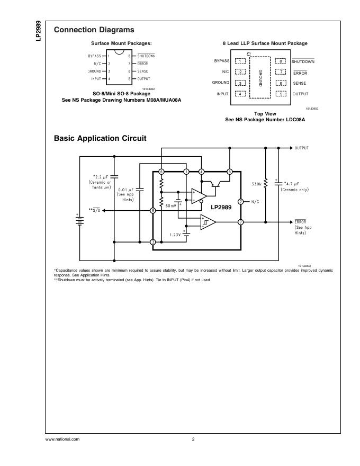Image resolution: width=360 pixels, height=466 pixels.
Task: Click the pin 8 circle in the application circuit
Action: (x=152, y=210)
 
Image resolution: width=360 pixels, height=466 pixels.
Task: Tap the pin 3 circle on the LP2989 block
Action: (x=152, y=242)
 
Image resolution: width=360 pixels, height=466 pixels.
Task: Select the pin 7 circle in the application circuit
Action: (x=240, y=222)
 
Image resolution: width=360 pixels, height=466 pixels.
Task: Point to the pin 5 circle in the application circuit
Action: (x=229, y=172)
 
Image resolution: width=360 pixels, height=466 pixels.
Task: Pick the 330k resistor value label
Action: (x=256, y=184)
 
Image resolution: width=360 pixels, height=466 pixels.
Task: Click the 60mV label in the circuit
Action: (x=170, y=205)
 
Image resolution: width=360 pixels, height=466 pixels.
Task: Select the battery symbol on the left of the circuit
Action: (x=80, y=219)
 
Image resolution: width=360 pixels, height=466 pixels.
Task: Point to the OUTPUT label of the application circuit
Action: (x=302, y=148)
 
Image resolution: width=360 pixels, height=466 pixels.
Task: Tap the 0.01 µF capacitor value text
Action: (x=125, y=189)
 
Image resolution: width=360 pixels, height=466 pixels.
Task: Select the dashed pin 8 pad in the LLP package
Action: (x=280, y=61)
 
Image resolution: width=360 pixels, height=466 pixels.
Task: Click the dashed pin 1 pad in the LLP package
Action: (x=240, y=61)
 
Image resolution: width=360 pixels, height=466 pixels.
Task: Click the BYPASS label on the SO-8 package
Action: (x=94, y=56)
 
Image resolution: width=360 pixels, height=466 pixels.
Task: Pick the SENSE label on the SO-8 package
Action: (x=143, y=71)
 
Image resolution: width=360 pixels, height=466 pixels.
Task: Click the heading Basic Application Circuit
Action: (x=100, y=138)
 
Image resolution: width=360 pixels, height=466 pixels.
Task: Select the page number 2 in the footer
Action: (x=193, y=439)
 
